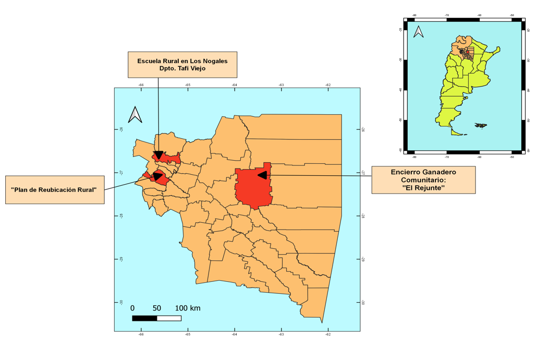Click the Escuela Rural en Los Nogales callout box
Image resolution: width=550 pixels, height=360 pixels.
(182, 65)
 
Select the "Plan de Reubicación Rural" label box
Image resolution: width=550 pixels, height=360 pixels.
(54, 189)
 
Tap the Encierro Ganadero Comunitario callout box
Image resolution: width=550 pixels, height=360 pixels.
(423, 180)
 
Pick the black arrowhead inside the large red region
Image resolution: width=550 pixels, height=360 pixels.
(262, 175)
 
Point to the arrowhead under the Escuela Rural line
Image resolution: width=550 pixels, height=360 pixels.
(158, 155)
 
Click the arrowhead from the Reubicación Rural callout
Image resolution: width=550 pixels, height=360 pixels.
(157, 176)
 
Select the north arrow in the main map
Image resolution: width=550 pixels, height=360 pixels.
(135, 115)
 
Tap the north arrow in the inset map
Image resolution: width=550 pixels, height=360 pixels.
(418, 32)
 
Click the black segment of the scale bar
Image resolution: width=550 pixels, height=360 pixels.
(144, 318)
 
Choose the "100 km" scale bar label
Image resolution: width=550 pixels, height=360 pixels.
(188, 308)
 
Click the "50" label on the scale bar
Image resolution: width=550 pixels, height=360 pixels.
(156, 308)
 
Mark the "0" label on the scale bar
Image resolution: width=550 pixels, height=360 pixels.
(132, 308)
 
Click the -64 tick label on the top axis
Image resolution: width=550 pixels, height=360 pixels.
(234, 85)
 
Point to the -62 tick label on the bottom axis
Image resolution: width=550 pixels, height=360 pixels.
(328, 334)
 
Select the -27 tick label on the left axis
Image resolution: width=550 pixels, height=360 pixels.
(121, 173)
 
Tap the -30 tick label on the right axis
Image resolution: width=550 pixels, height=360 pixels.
(361, 303)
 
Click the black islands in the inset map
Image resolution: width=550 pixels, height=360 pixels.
(481, 125)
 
